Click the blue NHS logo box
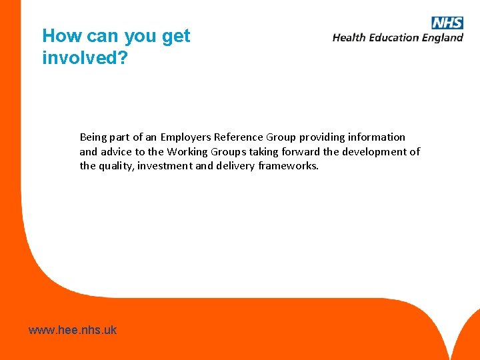pyautogui.click(x=447, y=23)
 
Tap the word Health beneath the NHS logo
pyautogui.click(x=349, y=37)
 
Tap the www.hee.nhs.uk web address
pyautogui.click(x=73, y=329)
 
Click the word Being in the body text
pyautogui.click(x=93, y=137)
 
